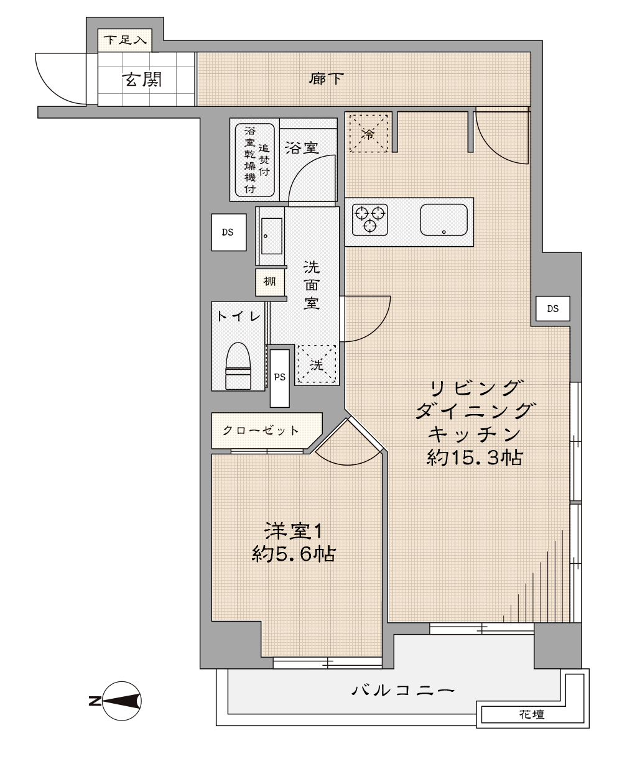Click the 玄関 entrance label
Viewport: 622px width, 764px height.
click(x=142, y=80)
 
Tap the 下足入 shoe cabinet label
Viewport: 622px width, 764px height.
click(x=125, y=40)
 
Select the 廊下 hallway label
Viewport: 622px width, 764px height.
click(x=327, y=79)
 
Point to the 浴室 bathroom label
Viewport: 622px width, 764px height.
click(x=302, y=148)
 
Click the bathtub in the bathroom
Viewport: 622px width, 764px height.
click(x=255, y=160)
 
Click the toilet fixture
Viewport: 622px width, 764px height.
click(x=238, y=366)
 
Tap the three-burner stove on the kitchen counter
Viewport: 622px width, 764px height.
click(x=369, y=219)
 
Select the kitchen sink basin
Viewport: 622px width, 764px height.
click(x=443, y=219)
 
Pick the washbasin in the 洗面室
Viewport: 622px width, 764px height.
click(x=271, y=236)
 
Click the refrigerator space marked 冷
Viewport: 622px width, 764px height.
click(x=369, y=133)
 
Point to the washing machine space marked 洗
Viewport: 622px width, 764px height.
click(x=317, y=364)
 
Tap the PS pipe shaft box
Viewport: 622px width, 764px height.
click(x=280, y=378)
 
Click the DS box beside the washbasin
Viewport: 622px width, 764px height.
click(x=229, y=232)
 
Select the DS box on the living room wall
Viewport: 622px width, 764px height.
click(x=553, y=308)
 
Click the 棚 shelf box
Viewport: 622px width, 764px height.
click(x=270, y=282)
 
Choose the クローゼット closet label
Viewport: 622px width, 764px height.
click(x=261, y=430)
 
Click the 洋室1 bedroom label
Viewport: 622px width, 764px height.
click(x=293, y=531)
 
